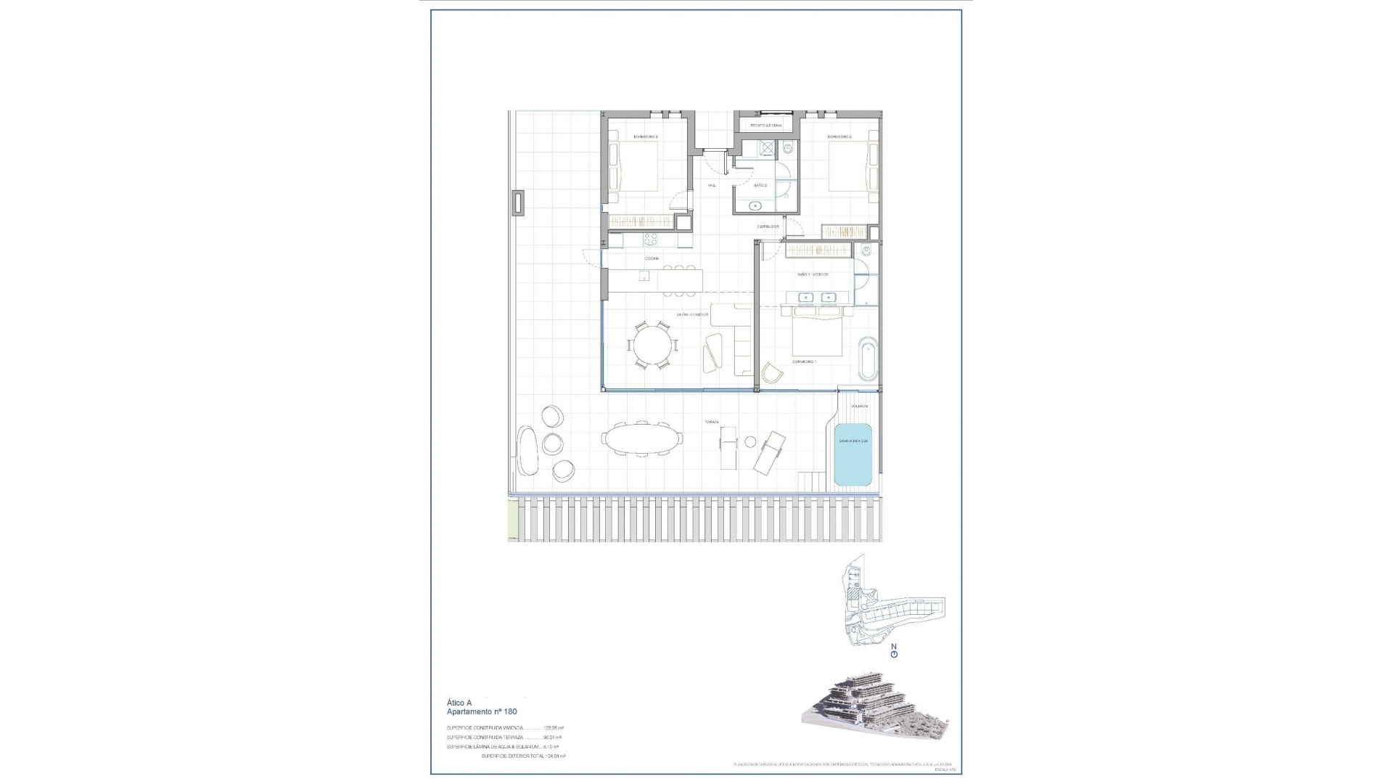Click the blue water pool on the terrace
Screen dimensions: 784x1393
click(x=852, y=454)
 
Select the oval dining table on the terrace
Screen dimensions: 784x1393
click(x=642, y=438)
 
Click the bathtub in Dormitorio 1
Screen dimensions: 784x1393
click(x=868, y=358)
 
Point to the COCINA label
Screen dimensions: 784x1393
click(x=652, y=258)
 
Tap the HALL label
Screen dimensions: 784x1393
click(x=712, y=186)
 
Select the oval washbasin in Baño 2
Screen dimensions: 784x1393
click(x=754, y=205)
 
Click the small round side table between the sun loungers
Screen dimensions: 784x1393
click(x=751, y=441)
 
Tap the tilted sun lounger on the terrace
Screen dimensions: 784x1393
click(x=770, y=453)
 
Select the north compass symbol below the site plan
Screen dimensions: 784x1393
click(x=894, y=654)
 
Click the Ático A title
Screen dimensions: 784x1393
click(x=459, y=703)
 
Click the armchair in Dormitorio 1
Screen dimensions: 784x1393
click(x=772, y=373)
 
